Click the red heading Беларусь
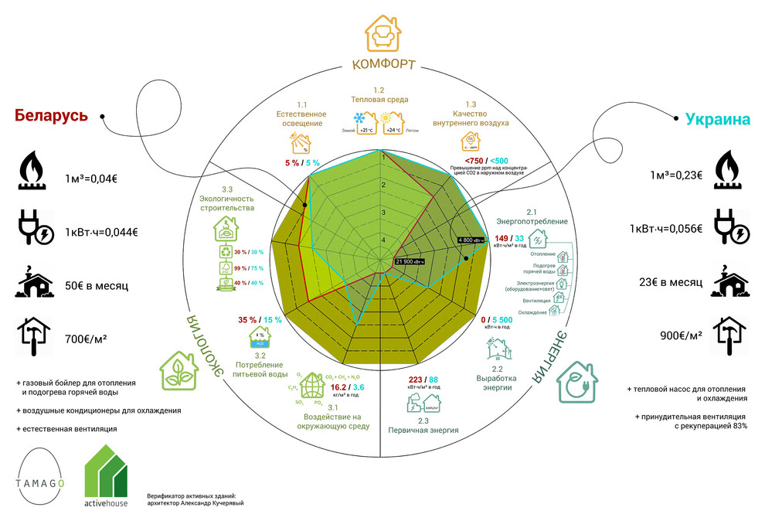pyautogui.click(x=51, y=115)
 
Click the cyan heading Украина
pyautogui.click(x=718, y=120)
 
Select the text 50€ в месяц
pyautogui.click(x=97, y=286)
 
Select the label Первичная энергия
pyautogui.click(x=423, y=431)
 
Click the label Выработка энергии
pyautogui.click(x=498, y=383)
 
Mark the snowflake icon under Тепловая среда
pyautogui.click(x=360, y=118)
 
